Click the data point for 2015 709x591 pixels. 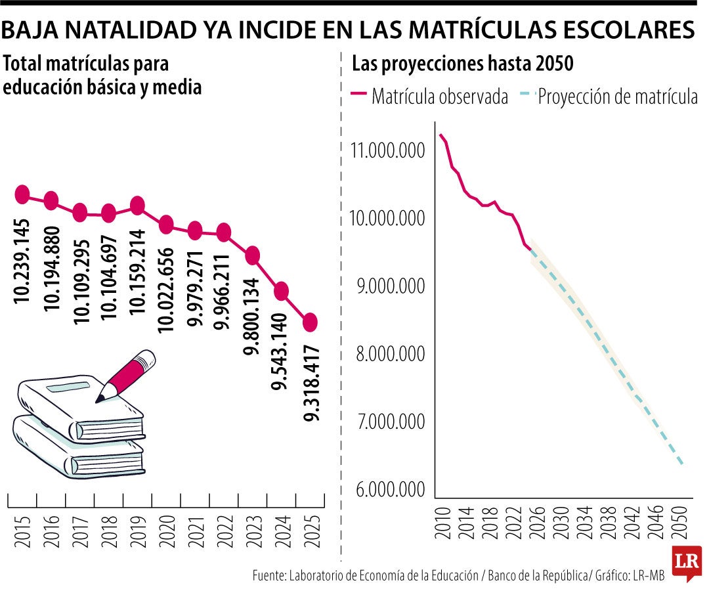click(22, 194)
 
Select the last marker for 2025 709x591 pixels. click(311, 322)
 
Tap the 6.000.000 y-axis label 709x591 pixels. click(387, 490)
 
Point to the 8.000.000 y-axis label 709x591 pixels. click(387, 354)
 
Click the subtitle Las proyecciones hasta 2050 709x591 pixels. click(463, 64)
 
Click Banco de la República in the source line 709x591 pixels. click(538, 576)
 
